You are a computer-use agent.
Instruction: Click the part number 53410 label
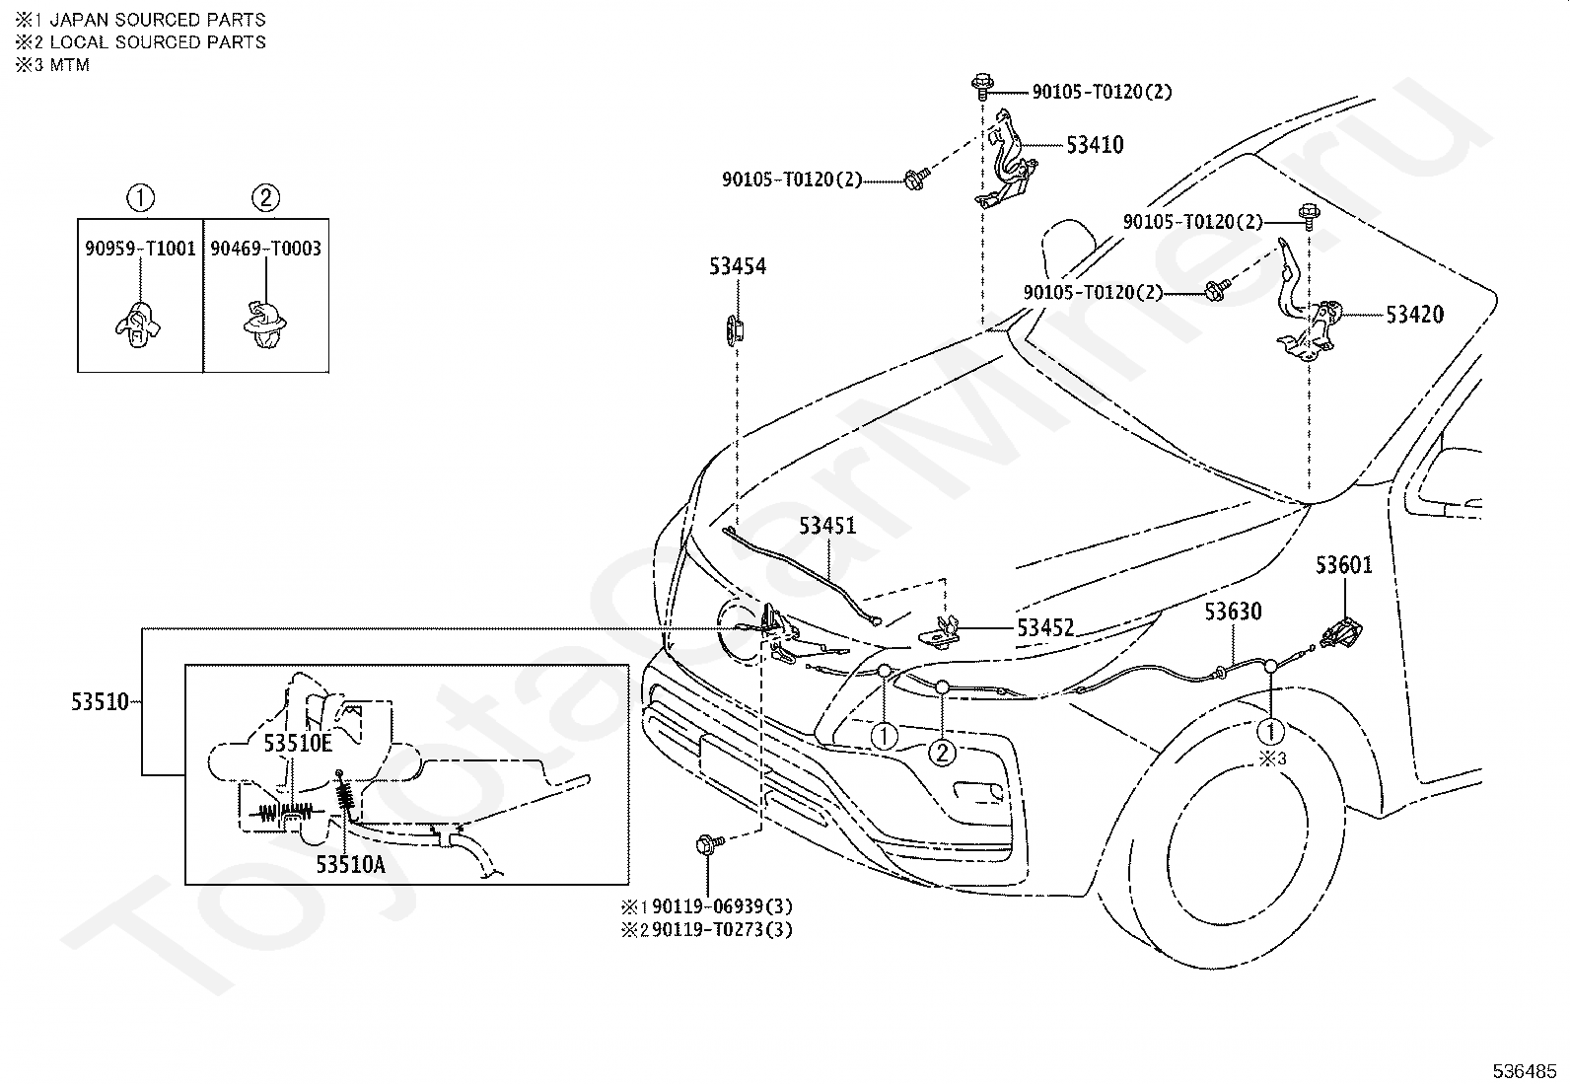pos(1094,146)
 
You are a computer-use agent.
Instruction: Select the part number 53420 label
pos(1414,316)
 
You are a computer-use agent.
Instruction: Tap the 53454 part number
pos(737,266)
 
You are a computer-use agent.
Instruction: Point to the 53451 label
pos(827,526)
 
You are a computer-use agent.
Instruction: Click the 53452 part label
pos(1045,628)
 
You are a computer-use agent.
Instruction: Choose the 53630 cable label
pos(1232,613)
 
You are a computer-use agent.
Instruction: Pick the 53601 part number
pos(1343,565)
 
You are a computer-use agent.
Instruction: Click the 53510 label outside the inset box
pos(99,702)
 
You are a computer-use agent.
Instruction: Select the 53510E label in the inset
pos(298,744)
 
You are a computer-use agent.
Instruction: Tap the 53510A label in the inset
pos(350,864)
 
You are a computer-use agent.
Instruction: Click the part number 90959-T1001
pos(140,249)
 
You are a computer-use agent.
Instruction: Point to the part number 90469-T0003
pos(265,249)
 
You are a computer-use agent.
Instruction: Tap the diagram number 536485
pos(1525,1070)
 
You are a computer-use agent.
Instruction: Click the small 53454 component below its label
pos(735,327)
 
